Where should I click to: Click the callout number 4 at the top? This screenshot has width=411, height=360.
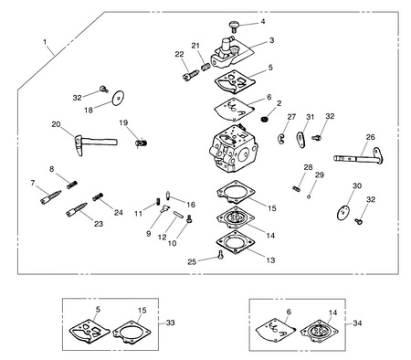[x=263, y=21]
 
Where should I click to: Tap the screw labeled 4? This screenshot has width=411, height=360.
[x=234, y=26]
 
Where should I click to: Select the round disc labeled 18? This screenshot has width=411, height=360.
[x=118, y=98]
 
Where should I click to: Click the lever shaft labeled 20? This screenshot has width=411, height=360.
[x=96, y=143]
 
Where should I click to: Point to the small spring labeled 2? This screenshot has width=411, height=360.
[x=265, y=119]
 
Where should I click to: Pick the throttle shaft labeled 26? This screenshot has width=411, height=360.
[x=359, y=156]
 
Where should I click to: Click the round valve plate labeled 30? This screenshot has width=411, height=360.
[x=343, y=213]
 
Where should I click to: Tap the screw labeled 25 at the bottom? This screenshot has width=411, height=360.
[x=221, y=255]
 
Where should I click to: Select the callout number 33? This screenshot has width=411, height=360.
[x=171, y=323]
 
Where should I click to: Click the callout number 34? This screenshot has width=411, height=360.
[x=357, y=323]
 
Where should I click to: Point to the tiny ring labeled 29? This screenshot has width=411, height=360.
[x=309, y=196]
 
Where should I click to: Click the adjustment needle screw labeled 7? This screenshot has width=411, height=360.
[x=50, y=197]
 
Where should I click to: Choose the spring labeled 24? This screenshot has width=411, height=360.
[x=99, y=196]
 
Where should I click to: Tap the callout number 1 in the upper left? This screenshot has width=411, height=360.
[x=45, y=42]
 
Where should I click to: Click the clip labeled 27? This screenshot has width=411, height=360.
[x=281, y=138]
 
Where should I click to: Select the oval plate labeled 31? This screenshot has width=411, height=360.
[x=301, y=140]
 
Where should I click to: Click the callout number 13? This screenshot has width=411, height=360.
[x=270, y=260]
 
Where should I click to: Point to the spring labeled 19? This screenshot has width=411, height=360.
[x=142, y=143]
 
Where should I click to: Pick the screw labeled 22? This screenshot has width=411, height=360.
[x=191, y=75]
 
